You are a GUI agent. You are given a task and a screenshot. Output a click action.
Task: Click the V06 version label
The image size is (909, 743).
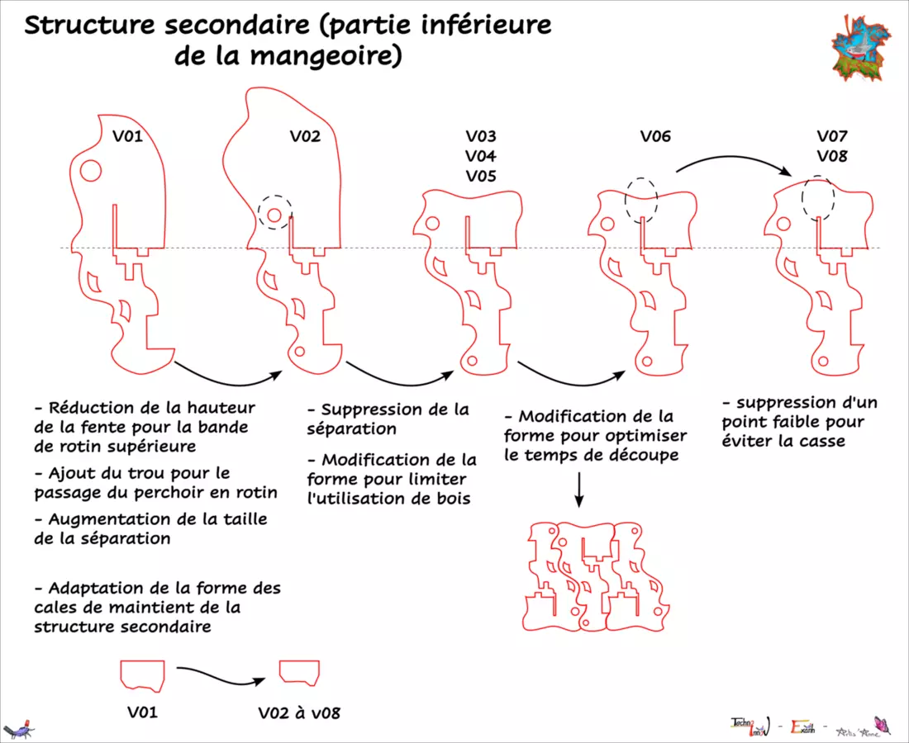click(655, 136)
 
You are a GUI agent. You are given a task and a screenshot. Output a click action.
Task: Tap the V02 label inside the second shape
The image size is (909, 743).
click(305, 136)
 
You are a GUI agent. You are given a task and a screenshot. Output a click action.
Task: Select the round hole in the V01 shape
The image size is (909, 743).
click(90, 171)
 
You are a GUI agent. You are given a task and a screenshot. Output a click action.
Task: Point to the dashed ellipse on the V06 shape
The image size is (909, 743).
click(641, 199)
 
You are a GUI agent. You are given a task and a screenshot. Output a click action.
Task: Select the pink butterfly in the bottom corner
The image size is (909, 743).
click(882, 725)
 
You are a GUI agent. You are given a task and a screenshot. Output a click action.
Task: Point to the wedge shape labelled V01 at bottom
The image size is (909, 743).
click(142, 674)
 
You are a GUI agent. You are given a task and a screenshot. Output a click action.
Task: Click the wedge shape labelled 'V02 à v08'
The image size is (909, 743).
click(299, 671)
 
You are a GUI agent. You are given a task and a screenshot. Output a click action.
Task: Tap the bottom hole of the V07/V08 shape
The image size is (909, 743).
click(822, 360)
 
